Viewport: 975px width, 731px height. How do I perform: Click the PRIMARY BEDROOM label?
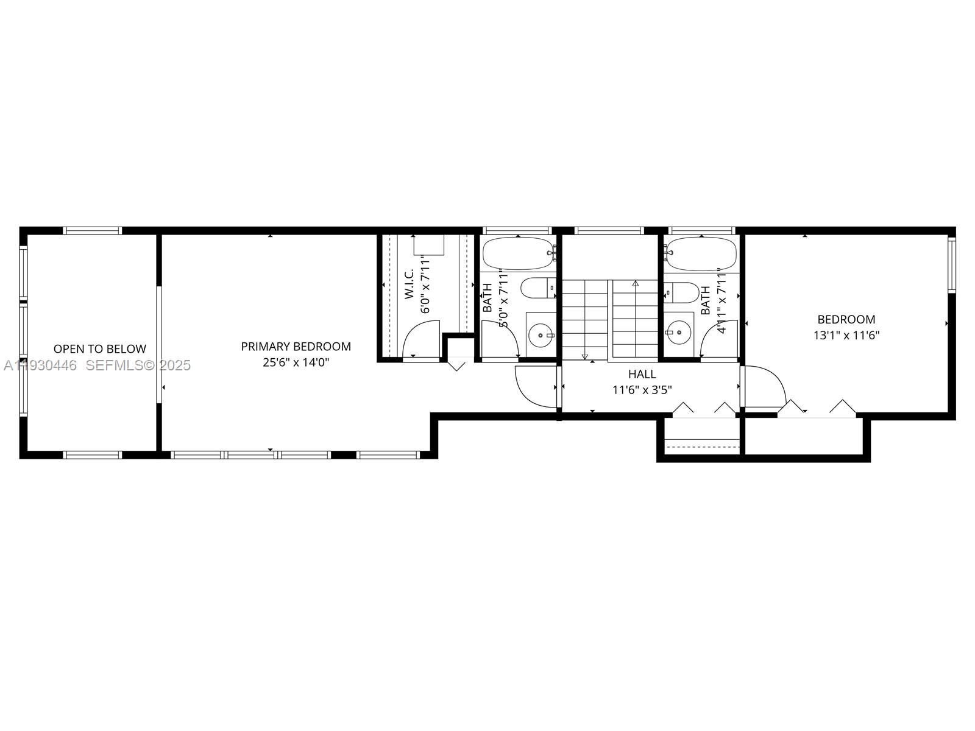(x=296, y=347)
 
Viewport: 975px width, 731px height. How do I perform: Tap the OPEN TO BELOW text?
(x=100, y=349)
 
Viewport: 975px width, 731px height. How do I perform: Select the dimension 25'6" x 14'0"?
(x=296, y=362)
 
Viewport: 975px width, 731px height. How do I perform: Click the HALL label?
(x=642, y=374)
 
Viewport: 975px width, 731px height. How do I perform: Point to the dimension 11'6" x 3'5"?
(x=642, y=390)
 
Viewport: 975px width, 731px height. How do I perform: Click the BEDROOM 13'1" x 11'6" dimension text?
(x=846, y=335)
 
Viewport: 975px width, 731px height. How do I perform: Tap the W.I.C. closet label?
(x=409, y=283)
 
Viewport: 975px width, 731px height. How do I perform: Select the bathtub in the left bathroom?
(x=518, y=253)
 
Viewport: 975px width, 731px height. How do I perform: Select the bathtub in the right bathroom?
(x=701, y=253)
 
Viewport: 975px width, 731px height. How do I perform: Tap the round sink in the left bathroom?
(x=540, y=335)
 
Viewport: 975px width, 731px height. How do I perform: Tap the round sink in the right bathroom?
(x=678, y=332)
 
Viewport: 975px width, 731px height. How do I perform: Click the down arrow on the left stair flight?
(x=585, y=356)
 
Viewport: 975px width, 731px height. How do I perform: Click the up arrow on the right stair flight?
(x=636, y=283)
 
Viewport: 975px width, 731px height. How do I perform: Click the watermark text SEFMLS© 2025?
(x=138, y=365)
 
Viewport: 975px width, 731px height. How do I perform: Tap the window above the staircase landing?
(x=609, y=230)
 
